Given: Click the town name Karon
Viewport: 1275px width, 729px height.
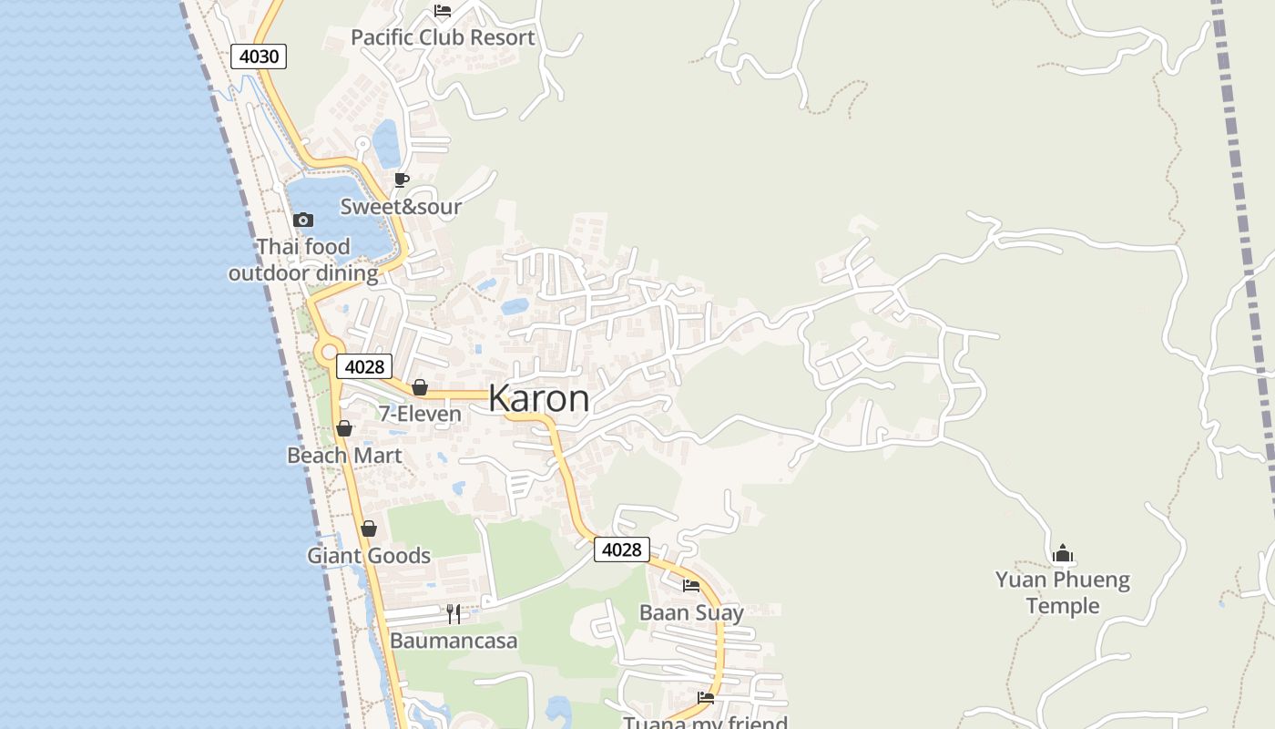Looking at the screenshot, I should [538, 398].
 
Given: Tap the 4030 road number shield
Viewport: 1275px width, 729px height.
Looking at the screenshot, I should [259, 56].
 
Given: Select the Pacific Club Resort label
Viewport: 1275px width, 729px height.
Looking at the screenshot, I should [443, 37].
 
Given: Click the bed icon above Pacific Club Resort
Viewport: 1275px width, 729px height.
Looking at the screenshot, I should [443, 11].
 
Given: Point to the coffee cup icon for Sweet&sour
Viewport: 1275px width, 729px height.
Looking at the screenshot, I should [401, 180].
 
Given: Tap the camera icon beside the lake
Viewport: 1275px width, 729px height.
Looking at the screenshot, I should [303, 220].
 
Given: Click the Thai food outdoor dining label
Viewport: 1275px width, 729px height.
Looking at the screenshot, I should [303, 260].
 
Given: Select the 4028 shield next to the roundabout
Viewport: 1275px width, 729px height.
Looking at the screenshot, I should [364, 366].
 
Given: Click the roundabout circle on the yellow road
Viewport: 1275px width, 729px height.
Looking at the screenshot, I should [327, 352].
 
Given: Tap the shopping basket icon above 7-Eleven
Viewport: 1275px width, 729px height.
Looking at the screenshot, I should [420, 387].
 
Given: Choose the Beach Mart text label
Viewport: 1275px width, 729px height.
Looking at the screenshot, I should [344, 455].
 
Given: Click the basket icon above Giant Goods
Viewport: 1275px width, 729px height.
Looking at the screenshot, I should [369, 529].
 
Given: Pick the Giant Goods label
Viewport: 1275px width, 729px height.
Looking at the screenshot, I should [369, 556].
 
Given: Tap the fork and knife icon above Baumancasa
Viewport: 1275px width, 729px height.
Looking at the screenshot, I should [454, 614].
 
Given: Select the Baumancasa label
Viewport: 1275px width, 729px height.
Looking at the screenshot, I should [454, 641].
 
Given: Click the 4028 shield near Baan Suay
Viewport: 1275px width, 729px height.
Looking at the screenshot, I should [622, 549].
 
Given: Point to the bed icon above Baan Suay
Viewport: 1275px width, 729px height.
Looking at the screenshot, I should [691, 586].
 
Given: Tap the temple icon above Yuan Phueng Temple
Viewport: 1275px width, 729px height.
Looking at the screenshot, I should [1063, 553].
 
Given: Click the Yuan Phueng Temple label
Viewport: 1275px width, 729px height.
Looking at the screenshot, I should [1063, 592].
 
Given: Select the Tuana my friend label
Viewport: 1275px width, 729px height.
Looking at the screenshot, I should [705, 723].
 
